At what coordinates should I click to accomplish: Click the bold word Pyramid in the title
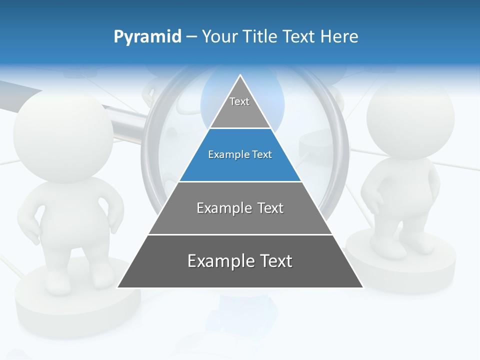tap(147, 37)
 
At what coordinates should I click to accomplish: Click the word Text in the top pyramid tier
tap(239, 101)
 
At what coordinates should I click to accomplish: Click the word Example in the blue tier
tap(223, 155)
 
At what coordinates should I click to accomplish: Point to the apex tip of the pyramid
tap(240, 76)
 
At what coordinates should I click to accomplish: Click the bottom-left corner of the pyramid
tap(118, 287)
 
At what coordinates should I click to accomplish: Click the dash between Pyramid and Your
tap(191, 37)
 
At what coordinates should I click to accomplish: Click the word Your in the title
tap(219, 36)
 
